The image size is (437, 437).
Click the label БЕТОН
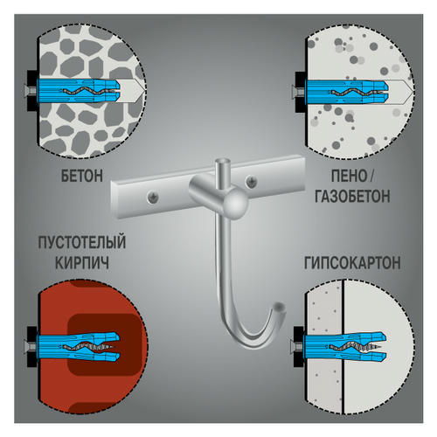point(82,176)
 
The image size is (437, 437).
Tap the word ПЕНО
point(349,176)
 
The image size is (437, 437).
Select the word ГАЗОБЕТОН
point(352,197)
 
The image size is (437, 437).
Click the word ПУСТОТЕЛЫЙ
point(82,243)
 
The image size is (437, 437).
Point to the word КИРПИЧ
point(82,262)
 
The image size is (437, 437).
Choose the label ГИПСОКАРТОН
point(352,262)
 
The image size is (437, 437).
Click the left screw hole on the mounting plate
point(153,198)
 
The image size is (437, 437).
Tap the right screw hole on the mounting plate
point(251,181)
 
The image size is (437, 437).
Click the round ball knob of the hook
point(237,202)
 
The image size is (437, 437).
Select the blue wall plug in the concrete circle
point(78,91)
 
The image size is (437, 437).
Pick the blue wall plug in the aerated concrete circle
point(346,91)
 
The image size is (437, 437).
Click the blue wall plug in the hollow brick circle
point(78,346)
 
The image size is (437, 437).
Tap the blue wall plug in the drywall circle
point(344,345)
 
